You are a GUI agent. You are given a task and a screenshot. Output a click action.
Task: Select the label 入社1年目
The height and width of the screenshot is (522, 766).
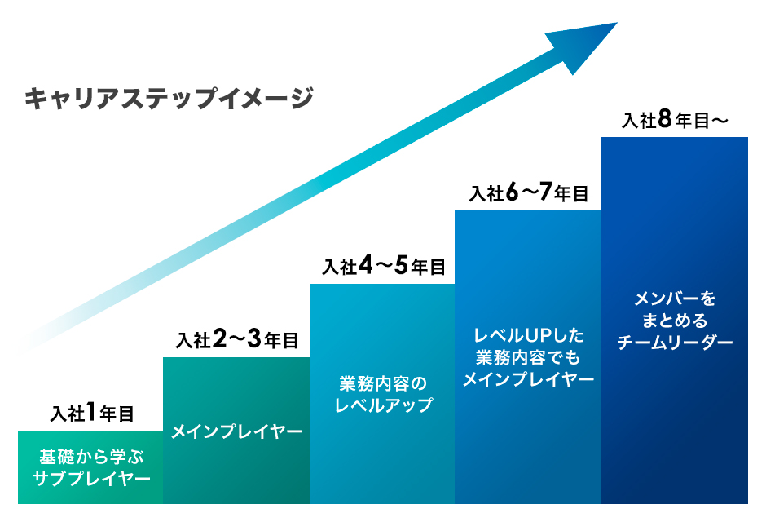pos(91,414)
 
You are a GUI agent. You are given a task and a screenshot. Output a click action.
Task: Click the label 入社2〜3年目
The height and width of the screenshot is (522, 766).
pos(236,340)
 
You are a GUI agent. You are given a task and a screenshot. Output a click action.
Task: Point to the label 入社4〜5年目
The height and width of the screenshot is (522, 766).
pos(383,266)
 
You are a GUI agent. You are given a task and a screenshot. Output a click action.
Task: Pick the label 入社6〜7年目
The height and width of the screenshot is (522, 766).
pos(528,193)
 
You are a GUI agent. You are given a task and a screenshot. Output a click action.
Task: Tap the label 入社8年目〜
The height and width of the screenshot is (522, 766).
pos(674,120)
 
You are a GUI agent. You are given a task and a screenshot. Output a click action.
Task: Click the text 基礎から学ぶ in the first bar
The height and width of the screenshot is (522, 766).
pos(90,456)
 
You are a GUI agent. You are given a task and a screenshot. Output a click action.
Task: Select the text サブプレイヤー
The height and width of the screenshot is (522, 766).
pos(90,478)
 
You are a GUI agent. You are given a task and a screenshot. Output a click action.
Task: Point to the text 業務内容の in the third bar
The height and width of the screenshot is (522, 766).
pos(383,383)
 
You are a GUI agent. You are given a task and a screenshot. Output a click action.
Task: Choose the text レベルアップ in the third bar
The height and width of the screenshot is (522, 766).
pos(383,405)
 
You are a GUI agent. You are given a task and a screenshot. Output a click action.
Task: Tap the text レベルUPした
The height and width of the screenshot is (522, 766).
pos(528,335)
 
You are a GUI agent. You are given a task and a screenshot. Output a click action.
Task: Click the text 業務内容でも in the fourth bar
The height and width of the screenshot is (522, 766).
pos(528,357)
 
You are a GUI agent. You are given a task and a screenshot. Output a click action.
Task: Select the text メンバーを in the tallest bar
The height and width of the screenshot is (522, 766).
pos(674,298)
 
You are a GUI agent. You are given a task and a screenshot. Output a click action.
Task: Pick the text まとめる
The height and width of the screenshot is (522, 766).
pos(674,320)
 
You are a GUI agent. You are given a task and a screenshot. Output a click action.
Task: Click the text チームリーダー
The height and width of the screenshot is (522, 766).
pos(674,343)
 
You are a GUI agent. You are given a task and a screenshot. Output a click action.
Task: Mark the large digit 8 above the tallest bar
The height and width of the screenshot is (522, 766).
pos(665,119)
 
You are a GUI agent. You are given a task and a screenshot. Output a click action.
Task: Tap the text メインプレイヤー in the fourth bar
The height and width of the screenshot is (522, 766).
pos(528,379)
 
